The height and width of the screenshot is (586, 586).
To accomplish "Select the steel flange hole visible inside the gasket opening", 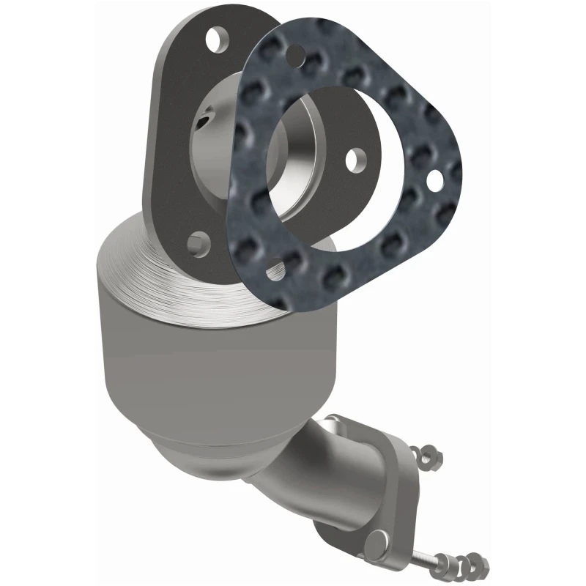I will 355,157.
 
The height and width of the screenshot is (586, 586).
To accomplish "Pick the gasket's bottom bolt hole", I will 275,270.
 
